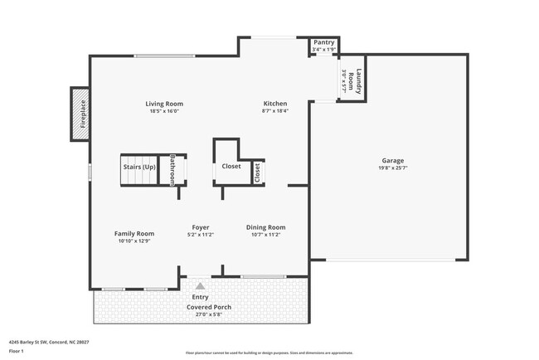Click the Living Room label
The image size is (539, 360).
[x=164, y=103]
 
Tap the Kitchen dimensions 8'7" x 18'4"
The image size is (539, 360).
[x=275, y=110]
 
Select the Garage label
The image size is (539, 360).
[x=392, y=160]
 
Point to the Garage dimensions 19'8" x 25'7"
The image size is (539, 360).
[x=392, y=168]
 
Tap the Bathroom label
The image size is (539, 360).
[x=173, y=169]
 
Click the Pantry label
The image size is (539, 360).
[x=323, y=42]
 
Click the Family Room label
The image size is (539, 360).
[x=134, y=234]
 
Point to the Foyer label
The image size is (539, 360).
[x=200, y=227]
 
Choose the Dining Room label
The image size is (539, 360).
[x=265, y=227]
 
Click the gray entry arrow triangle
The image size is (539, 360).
[x=200, y=285]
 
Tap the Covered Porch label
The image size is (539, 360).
[x=208, y=307]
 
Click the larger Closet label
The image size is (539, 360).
[x=231, y=166]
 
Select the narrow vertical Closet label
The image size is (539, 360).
[x=257, y=172]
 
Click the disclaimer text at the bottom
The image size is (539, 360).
[x=269, y=353]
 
